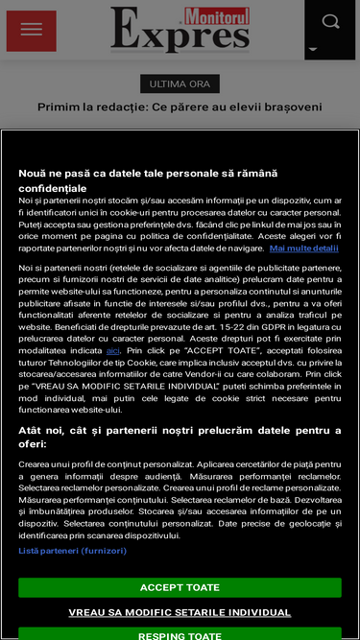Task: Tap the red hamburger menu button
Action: (x=31, y=31)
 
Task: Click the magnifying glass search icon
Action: (x=331, y=21)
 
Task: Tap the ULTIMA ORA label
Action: (x=180, y=83)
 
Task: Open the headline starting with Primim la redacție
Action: (x=180, y=107)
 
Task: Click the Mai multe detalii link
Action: (x=303, y=248)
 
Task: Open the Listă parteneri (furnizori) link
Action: (x=72, y=551)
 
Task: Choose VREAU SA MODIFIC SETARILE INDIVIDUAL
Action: (x=180, y=612)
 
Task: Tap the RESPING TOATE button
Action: (x=180, y=634)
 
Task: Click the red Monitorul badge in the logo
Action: (x=216, y=15)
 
